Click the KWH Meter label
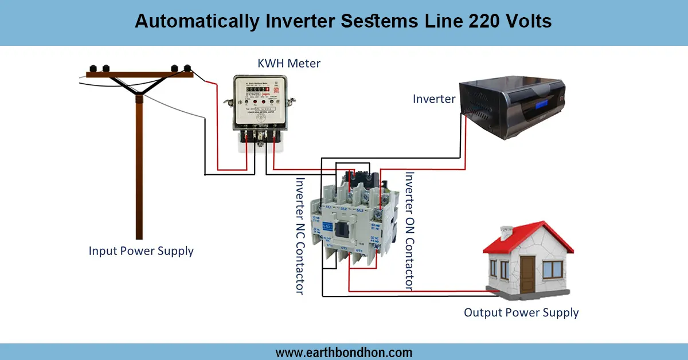[x=288, y=63]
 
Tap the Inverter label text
[x=434, y=99]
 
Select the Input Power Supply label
[x=141, y=251]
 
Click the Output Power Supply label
[x=521, y=313]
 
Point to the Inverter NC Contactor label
[x=299, y=235]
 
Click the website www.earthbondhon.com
[x=344, y=352]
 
